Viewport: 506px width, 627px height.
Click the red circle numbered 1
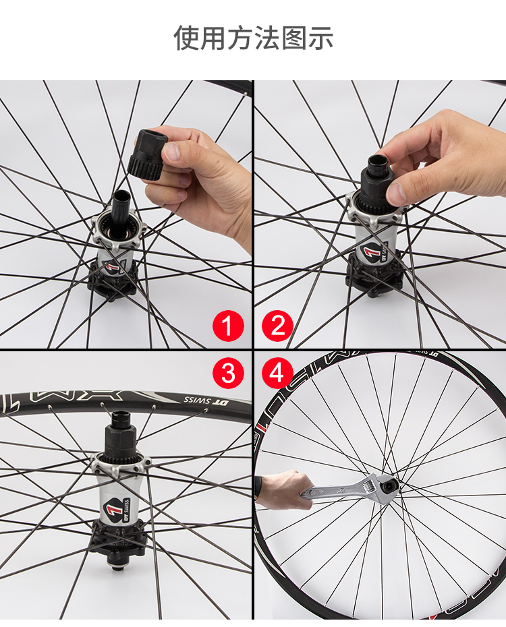[x=228, y=326]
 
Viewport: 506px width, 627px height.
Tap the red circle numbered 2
[x=277, y=326]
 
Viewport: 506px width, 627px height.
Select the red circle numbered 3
[x=228, y=373]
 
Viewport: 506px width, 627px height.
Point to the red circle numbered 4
[x=277, y=373]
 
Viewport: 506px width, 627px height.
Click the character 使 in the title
[x=186, y=38]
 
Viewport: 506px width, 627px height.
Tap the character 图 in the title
[x=294, y=38]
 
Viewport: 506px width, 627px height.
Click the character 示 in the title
[x=320, y=38]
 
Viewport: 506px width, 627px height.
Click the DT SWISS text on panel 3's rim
[x=206, y=400]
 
